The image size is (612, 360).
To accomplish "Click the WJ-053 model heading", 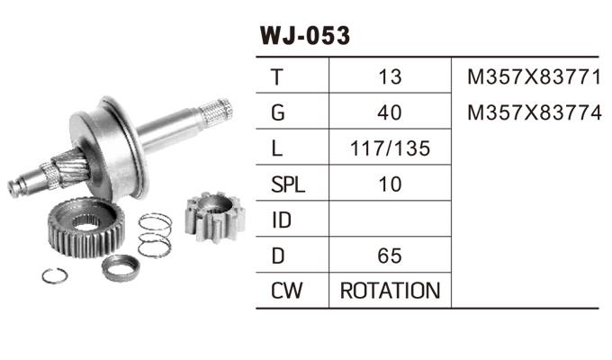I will [304, 36].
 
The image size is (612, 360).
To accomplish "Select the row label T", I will [275, 77].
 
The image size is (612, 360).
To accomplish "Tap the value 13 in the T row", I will [390, 77].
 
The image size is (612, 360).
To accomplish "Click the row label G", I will [277, 113].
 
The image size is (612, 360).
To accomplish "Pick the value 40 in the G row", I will [390, 113].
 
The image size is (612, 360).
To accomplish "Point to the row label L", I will [275, 149].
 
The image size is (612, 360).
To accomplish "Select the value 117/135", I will [390, 149].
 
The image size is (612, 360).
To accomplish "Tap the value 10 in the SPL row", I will [390, 185].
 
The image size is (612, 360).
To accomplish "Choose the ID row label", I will [280, 220].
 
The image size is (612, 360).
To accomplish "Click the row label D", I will [277, 256].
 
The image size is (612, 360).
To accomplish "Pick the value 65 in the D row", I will [390, 256].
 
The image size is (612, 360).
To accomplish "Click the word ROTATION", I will [390, 291].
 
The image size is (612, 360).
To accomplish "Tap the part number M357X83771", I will [534, 77].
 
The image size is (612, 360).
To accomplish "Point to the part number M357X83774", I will [534, 113].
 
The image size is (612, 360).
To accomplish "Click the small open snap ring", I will [55, 275].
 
